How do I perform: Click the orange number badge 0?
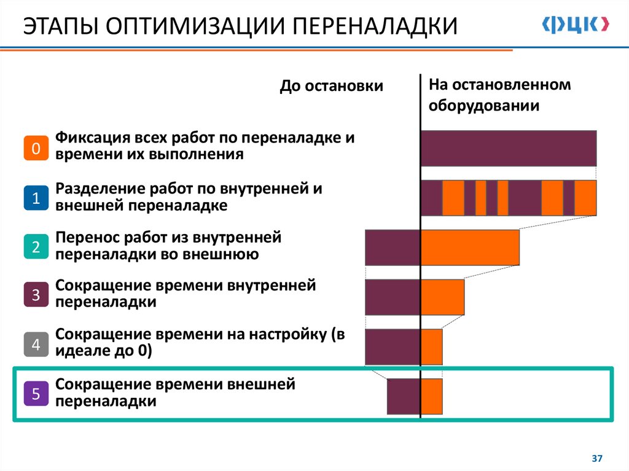(x=36, y=148)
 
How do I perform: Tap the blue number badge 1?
(x=36, y=198)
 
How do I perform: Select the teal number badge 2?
(x=36, y=247)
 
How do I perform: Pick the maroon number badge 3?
(x=36, y=295)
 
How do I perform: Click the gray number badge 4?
(x=36, y=344)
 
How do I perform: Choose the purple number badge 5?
(x=36, y=394)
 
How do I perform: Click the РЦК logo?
(x=576, y=24)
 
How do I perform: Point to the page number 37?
(x=596, y=459)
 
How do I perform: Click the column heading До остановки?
(x=332, y=87)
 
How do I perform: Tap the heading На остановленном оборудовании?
(x=499, y=95)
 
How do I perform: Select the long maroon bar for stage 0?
(x=509, y=148)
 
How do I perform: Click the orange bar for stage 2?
(x=470, y=247)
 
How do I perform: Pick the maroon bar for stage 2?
(x=393, y=247)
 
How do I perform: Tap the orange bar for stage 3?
(x=442, y=297)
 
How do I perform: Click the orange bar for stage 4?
(x=432, y=347)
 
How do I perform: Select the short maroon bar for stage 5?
(x=403, y=397)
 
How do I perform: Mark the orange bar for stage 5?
(x=432, y=397)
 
